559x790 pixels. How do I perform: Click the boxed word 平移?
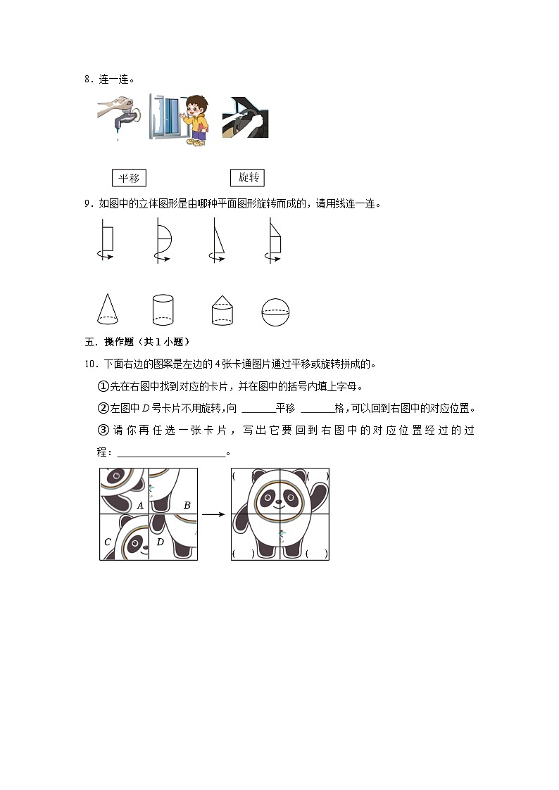click(129, 178)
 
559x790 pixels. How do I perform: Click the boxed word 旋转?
click(248, 178)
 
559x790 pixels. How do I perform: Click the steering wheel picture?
click(245, 118)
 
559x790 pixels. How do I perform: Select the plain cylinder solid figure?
click(163, 310)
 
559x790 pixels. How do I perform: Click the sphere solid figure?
click(275, 312)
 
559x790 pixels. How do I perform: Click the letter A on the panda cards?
click(140, 505)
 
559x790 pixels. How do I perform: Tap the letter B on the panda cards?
click(187, 505)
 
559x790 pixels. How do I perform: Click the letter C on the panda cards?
click(108, 542)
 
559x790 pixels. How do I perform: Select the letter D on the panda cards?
click(160, 542)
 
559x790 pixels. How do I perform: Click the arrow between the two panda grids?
click(213, 514)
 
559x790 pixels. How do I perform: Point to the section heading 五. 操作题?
click(134, 342)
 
